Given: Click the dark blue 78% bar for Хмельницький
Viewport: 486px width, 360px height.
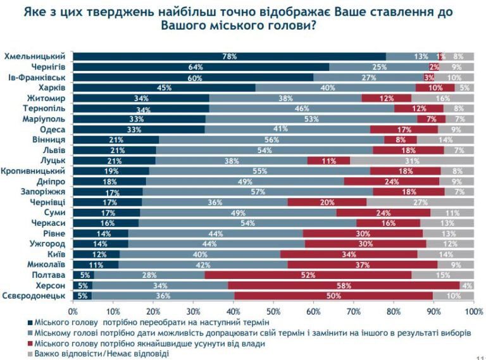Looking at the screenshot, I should pos(229,56).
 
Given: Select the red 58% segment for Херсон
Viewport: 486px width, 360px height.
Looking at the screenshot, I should pos(344,285).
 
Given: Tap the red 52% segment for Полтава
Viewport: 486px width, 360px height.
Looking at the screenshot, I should pos(308,275).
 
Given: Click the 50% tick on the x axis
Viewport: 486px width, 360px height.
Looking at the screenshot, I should pos(273,311).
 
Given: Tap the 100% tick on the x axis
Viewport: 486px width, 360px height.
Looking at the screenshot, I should pos(473,311).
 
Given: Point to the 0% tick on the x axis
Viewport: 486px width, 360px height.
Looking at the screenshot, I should pos(73,311).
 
